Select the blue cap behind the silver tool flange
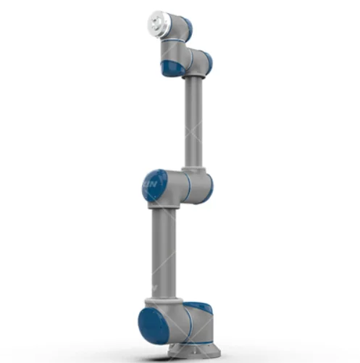(185, 28)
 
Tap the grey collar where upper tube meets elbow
(194, 165)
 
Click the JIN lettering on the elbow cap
(149, 187)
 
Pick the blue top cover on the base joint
(198, 308)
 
